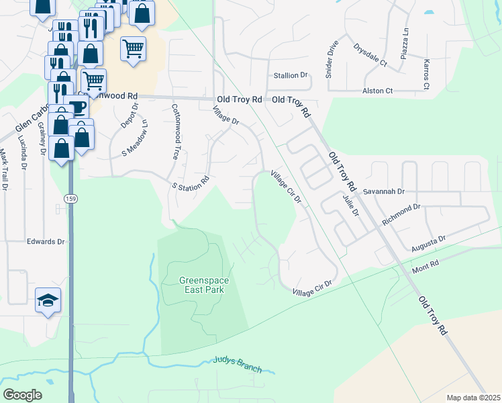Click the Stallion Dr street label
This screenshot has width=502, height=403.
[x=290, y=75]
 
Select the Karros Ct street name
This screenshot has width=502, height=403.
[x=425, y=73]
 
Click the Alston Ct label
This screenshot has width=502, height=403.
[x=377, y=91]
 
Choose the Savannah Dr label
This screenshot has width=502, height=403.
[x=384, y=191]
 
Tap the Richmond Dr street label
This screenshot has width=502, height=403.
[x=401, y=213]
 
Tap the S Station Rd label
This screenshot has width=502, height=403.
[x=191, y=183]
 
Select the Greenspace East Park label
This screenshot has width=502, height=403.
[x=201, y=285]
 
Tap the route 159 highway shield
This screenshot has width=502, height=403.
[x=70, y=199]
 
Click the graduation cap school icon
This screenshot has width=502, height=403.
[x=48, y=300]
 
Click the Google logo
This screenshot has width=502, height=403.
[x=23, y=395]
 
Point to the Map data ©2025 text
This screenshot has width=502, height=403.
[x=472, y=398]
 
